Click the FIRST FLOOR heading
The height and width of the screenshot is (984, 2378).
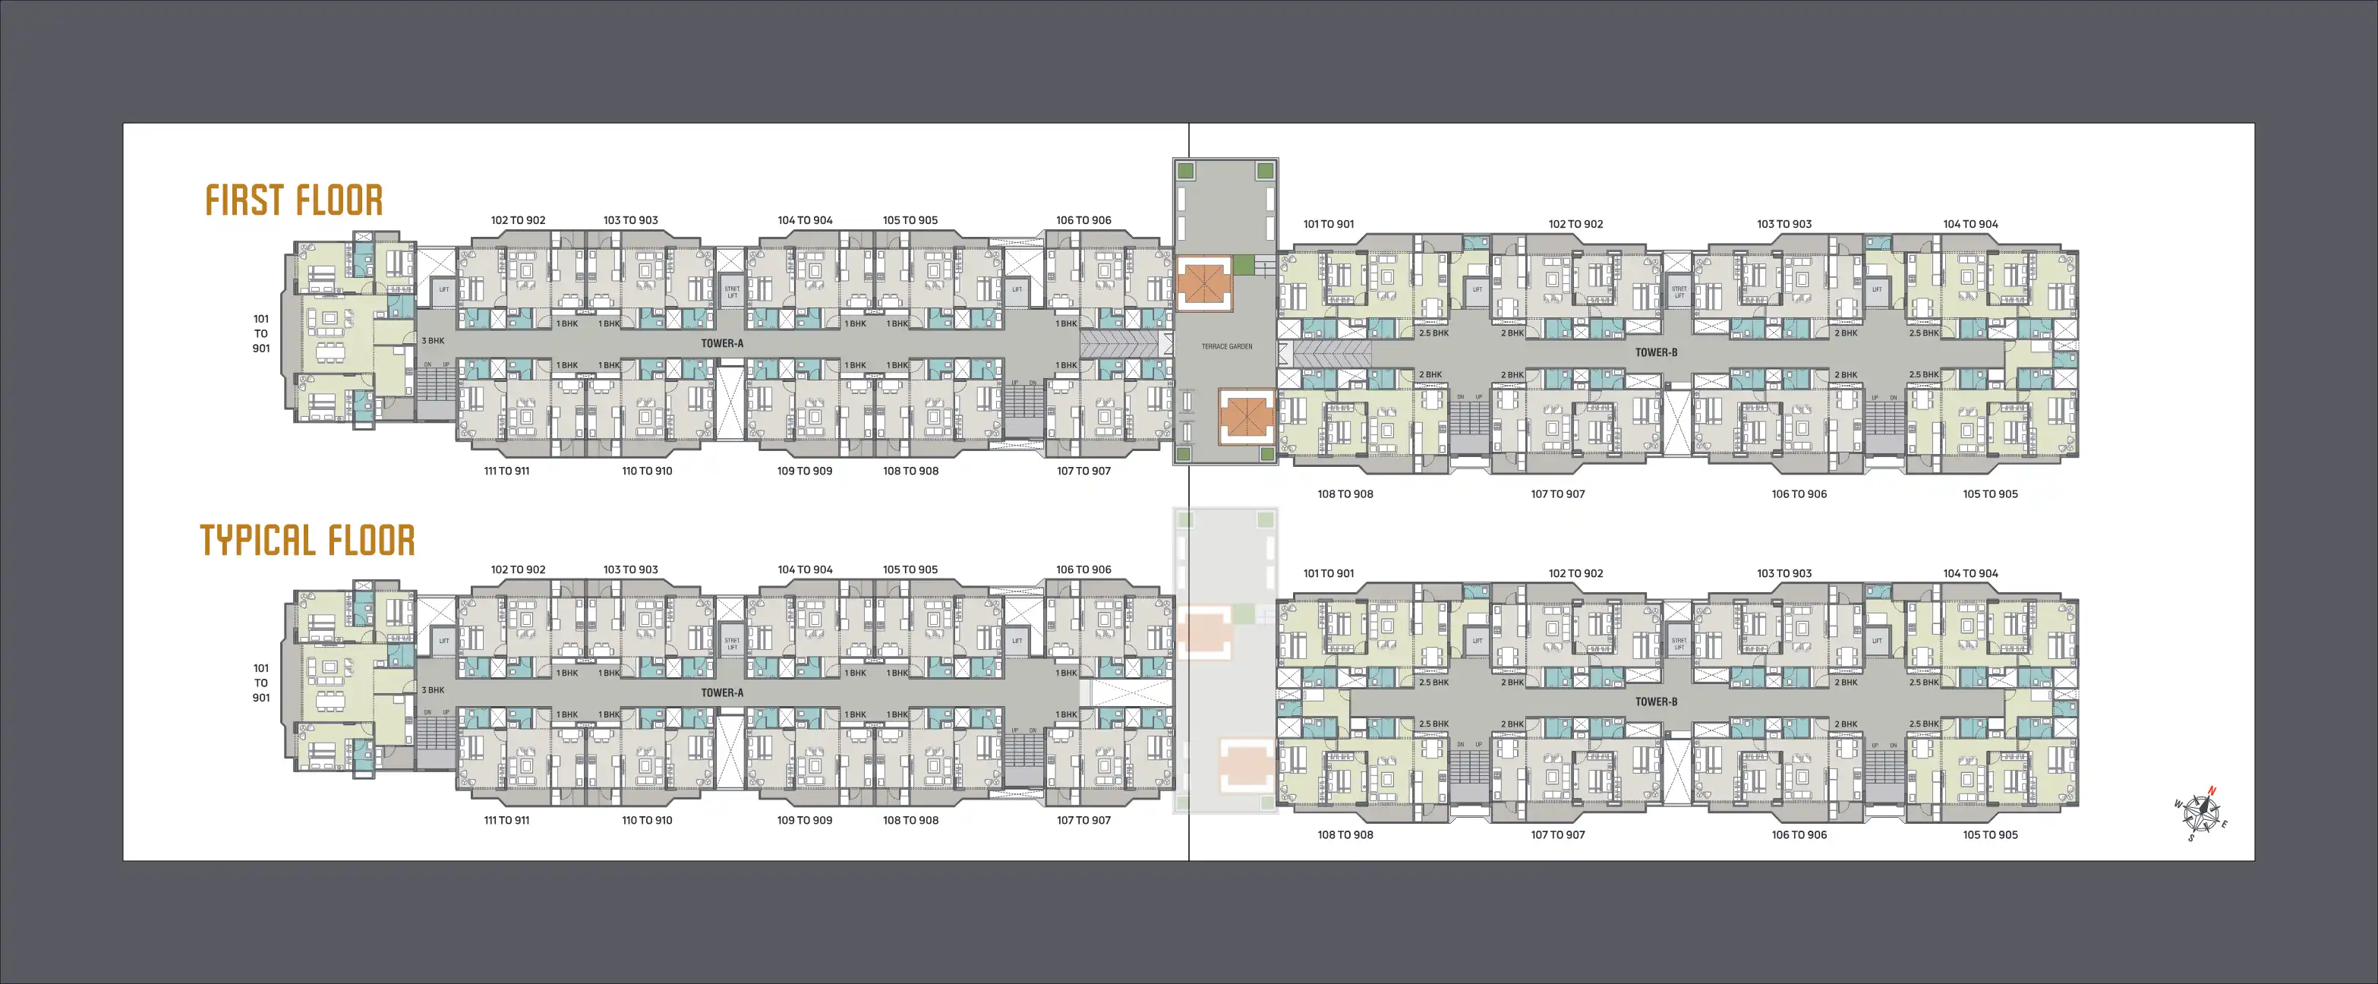coord(294,200)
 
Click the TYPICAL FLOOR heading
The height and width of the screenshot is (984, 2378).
coord(307,541)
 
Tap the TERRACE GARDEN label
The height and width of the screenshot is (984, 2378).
coord(1227,347)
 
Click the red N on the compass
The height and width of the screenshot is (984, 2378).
coord(2211,791)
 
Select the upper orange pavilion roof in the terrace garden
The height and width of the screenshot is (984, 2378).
coord(1203,283)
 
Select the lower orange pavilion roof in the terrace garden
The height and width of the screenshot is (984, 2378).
coord(1246,416)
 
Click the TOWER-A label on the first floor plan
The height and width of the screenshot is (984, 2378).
coord(722,343)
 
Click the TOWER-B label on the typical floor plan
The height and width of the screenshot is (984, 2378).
coord(1656,702)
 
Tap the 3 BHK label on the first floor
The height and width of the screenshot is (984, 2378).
coord(433,341)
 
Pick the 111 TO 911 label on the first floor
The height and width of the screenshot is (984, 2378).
coord(506,471)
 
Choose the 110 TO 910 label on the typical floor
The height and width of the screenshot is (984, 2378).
coord(647,821)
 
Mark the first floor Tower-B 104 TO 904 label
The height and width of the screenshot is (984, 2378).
coord(1970,224)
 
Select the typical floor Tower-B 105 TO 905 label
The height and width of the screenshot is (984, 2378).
coord(1989,834)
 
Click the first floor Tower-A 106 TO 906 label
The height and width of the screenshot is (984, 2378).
coord(1083,221)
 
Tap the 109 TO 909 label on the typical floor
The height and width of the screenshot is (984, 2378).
coord(804,821)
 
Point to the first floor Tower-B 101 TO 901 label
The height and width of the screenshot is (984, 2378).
coord(1329,224)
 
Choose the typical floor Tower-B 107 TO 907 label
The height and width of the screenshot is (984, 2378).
coord(1557,834)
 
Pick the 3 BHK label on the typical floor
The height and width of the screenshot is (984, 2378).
coord(433,690)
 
